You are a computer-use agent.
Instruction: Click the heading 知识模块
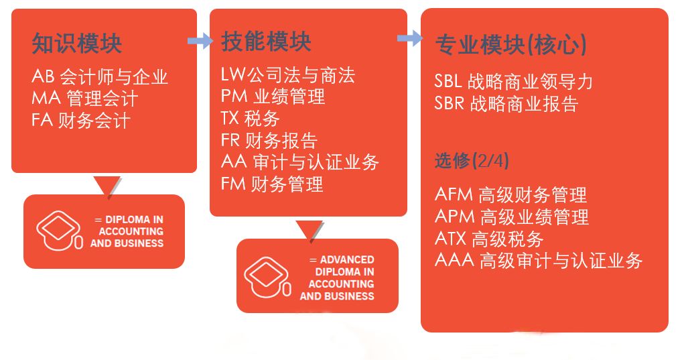(x=77, y=44)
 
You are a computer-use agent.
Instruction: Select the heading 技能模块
(x=266, y=42)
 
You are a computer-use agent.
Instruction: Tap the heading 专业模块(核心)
(x=511, y=45)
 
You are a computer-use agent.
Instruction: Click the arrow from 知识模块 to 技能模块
(x=200, y=42)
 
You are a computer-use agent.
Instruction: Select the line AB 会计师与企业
(x=100, y=76)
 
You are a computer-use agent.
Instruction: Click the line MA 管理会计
(x=84, y=99)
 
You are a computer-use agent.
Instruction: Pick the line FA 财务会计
(x=80, y=120)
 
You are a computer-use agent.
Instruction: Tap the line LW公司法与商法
(x=287, y=74)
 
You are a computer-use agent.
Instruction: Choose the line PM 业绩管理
(x=273, y=97)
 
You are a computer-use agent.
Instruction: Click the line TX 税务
(x=250, y=118)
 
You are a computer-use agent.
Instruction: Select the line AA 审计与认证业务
(x=299, y=162)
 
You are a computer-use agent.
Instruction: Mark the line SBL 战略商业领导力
(x=513, y=82)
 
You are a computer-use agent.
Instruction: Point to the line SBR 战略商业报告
(x=506, y=104)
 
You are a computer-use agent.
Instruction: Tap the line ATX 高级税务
(x=489, y=239)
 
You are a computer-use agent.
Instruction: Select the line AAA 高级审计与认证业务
(x=539, y=261)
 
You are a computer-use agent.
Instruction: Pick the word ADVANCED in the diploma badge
(x=347, y=259)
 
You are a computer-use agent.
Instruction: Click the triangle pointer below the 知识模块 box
(x=107, y=186)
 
